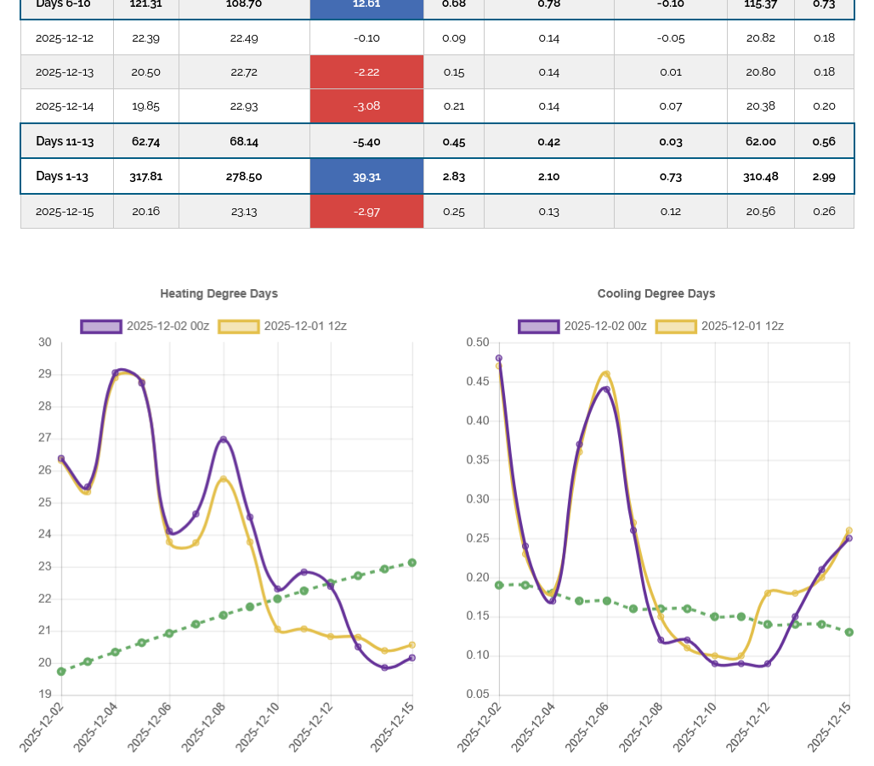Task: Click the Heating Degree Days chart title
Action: (x=218, y=293)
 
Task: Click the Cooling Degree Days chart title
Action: (x=655, y=293)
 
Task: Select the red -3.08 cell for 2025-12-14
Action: (x=366, y=106)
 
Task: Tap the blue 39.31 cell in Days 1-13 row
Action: (x=366, y=177)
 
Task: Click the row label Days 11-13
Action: (x=65, y=141)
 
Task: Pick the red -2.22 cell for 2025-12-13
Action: (x=366, y=72)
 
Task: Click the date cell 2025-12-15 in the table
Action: (x=65, y=211)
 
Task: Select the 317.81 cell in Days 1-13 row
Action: (x=145, y=177)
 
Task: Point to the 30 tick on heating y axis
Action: (x=45, y=343)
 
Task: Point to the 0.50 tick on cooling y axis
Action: (x=477, y=343)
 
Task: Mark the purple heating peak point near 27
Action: (x=224, y=440)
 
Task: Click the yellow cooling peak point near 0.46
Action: (x=606, y=373)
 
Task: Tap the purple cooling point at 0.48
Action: (x=499, y=358)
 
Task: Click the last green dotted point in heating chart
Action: (x=412, y=563)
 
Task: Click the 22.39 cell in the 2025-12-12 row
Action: (x=145, y=38)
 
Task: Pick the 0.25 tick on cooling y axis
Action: (x=477, y=538)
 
